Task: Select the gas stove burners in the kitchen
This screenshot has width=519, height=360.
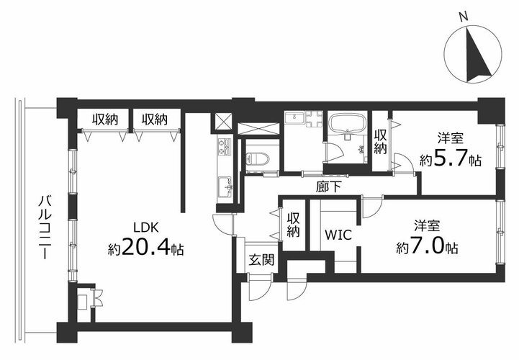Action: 225,146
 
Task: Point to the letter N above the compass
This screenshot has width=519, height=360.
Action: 464,17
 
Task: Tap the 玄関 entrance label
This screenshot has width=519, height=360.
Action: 261,260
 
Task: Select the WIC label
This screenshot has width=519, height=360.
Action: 338,235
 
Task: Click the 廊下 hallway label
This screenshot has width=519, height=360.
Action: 328,187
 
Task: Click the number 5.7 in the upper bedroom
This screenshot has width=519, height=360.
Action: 450,158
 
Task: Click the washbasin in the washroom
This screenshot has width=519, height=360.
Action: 294,117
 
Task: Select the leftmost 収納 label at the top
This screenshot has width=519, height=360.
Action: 105,120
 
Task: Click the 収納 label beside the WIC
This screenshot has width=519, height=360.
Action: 293,225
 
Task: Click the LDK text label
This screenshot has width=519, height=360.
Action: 146,228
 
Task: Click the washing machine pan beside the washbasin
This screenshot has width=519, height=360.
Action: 314,120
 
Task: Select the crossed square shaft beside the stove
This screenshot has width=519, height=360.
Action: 222,122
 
